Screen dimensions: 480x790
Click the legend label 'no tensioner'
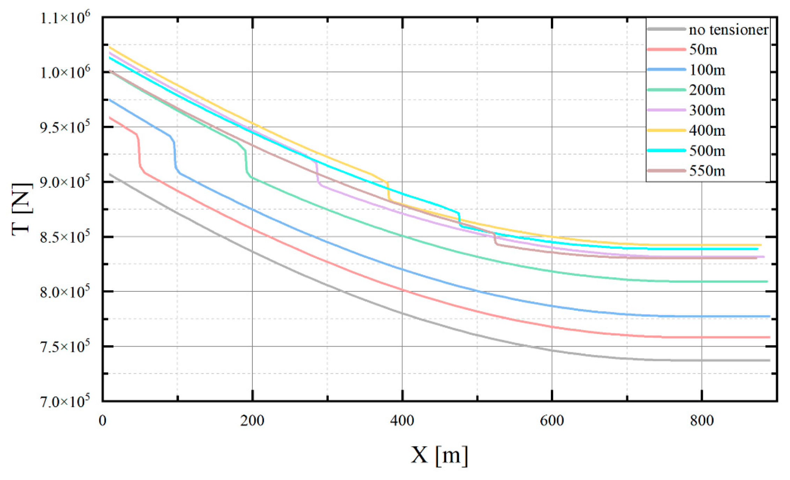tap(728, 30)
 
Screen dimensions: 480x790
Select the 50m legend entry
tap(703, 50)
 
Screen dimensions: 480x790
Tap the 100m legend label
tap(707, 70)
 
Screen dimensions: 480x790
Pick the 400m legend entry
tap(707, 131)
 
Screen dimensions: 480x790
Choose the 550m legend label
tap(707, 171)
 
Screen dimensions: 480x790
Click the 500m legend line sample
tap(666, 151)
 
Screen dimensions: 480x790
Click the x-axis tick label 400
tap(402, 421)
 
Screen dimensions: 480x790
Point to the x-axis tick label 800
tap(702, 421)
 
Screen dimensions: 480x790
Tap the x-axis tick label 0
tap(103, 421)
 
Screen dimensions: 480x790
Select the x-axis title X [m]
tap(439, 455)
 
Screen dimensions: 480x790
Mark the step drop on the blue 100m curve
tap(175, 155)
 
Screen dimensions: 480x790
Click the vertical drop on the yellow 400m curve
tap(388, 191)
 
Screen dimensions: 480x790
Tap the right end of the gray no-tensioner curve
tap(769, 361)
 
